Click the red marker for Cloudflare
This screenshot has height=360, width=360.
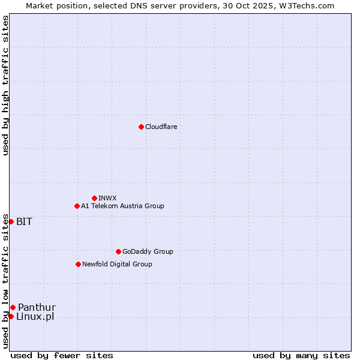141,127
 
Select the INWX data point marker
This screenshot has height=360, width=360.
94,198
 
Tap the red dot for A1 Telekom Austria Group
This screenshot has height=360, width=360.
77,206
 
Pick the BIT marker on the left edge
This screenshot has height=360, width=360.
11,221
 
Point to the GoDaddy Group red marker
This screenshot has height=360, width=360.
118,251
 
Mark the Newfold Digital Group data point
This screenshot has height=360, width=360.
78,264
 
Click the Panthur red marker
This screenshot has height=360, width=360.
13,307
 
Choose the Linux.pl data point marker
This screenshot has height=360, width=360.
11,316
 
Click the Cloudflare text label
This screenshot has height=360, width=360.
161,127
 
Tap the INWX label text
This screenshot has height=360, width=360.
107,198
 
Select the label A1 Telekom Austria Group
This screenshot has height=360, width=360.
122,206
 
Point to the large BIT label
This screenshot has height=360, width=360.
24,221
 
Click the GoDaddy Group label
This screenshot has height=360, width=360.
148,251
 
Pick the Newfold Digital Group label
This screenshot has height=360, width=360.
117,264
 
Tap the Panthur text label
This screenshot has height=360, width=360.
37,307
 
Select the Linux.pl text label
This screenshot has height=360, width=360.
35,316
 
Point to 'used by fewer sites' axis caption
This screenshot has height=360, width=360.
62,355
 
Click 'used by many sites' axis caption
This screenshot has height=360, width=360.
301,355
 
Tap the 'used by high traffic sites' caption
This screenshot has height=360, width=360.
5,85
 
